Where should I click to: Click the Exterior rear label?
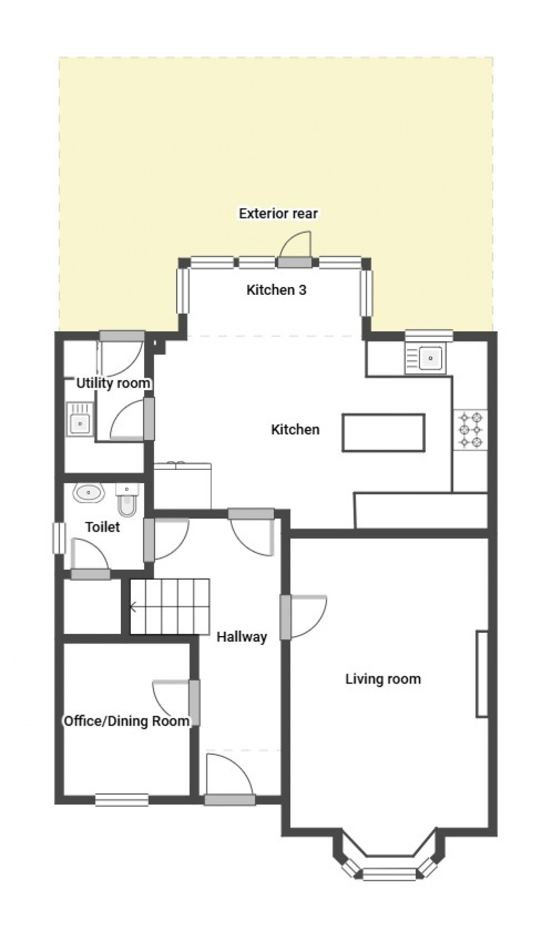(278, 213)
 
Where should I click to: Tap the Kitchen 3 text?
(276, 289)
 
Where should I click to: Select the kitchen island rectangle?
(383, 432)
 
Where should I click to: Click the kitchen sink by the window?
(429, 358)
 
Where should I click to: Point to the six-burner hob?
(470, 429)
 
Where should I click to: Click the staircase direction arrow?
(133, 607)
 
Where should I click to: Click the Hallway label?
(241, 637)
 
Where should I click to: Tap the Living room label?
(383, 679)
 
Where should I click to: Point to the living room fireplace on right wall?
(482, 674)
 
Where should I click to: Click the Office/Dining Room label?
(126, 721)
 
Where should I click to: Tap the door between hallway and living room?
(285, 616)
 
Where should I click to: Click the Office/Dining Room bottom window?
(121, 799)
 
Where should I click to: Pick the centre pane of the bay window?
(390, 873)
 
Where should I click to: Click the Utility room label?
(113, 383)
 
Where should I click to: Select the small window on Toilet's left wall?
(56, 537)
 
